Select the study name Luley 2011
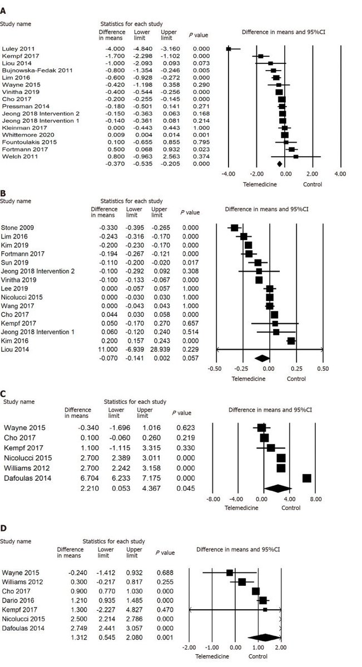[x=17, y=50]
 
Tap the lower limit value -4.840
[x=141, y=50]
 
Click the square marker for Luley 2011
[x=229, y=49]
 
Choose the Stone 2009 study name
[x=17, y=227]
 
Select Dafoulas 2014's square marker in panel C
[x=306, y=478]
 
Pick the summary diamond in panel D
[x=262, y=638]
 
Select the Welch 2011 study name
[x=16, y=156]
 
